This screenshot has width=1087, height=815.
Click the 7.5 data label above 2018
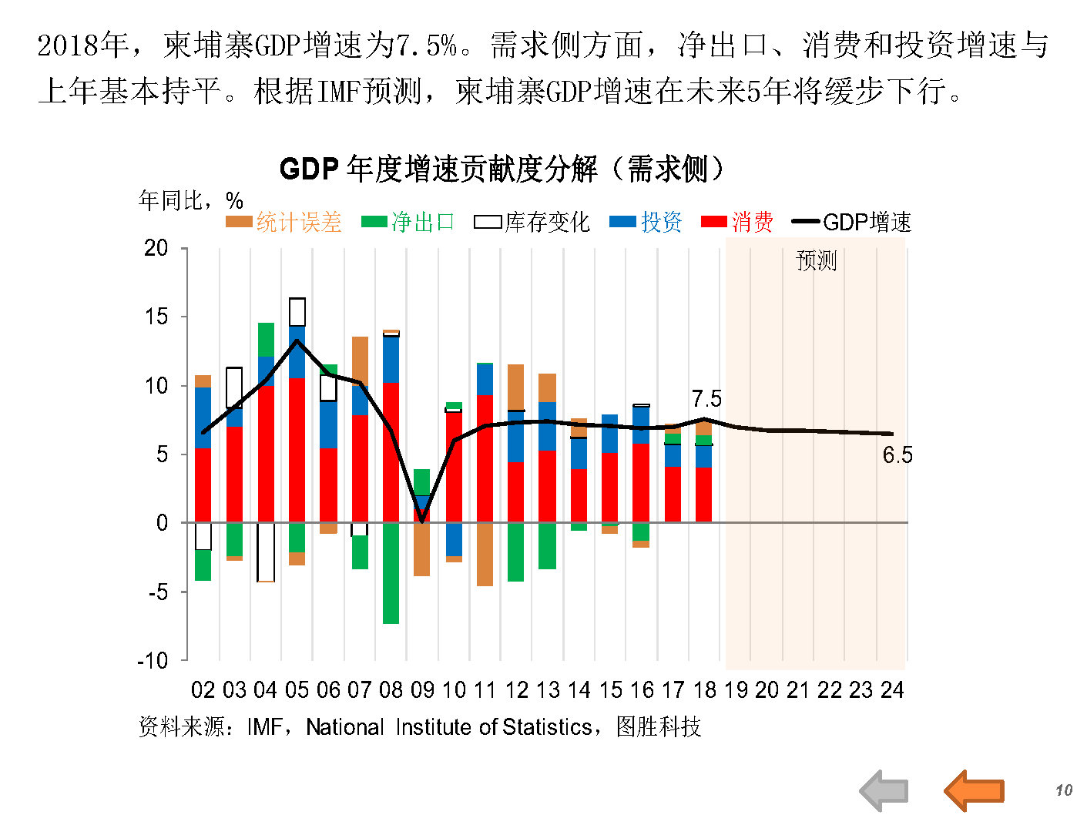tap(706, 399)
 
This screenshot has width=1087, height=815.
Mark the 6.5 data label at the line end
tap(897, 455)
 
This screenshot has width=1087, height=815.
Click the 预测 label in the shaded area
tap(816, 260)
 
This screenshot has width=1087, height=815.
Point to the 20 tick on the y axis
tap(156, 248)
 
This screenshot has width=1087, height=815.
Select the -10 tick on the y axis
tap(153, 661)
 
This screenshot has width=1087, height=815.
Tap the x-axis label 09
tap(422, 689)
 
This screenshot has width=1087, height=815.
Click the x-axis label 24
tap(892, 689)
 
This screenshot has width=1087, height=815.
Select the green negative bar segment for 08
tap(391, 573)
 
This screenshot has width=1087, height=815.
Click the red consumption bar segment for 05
tap(297, 451)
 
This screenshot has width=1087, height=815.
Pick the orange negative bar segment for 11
tap(485, 554)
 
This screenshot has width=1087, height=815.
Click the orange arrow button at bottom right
tap(975, 790)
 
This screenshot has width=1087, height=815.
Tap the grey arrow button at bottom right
tap(884, 790)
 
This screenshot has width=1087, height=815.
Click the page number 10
tap(1064, 790)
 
